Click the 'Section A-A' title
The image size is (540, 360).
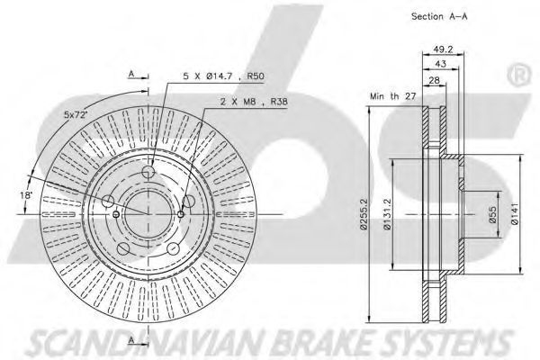tap(439, 16)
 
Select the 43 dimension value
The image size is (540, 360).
tap(440, 64)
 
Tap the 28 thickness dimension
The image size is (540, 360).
tap(435, 80)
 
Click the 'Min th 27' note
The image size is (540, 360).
tap(393, 96)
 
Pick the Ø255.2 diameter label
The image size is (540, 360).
tap(364, 214)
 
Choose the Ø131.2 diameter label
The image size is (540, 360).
tap(387, 214)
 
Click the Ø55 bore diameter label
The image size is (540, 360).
tap(493, 214)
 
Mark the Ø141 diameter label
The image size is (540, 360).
tap(514, 214)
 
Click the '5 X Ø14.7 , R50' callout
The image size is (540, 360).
tap(223, 76)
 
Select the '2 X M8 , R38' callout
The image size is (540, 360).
tap(254, 102)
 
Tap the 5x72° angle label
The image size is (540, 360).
tap(76, 114)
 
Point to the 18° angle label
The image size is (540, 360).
tap(26, 195)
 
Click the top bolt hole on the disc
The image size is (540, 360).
tap(148, 171)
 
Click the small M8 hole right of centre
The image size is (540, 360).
tap(181, 214)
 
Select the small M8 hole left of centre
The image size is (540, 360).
tap(116, 214)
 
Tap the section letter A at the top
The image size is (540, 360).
tap(131, 74)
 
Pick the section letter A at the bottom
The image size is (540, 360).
tap(131, 340)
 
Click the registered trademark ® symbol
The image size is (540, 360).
tap(519, 76)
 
